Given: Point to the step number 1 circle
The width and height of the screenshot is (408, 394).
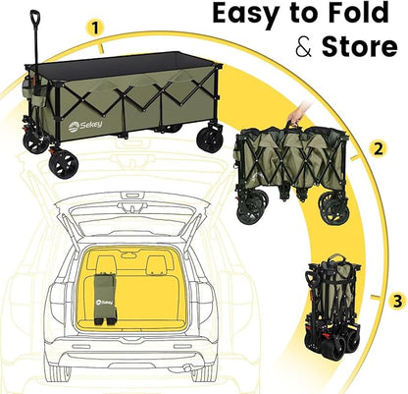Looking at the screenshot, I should (95, 28).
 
